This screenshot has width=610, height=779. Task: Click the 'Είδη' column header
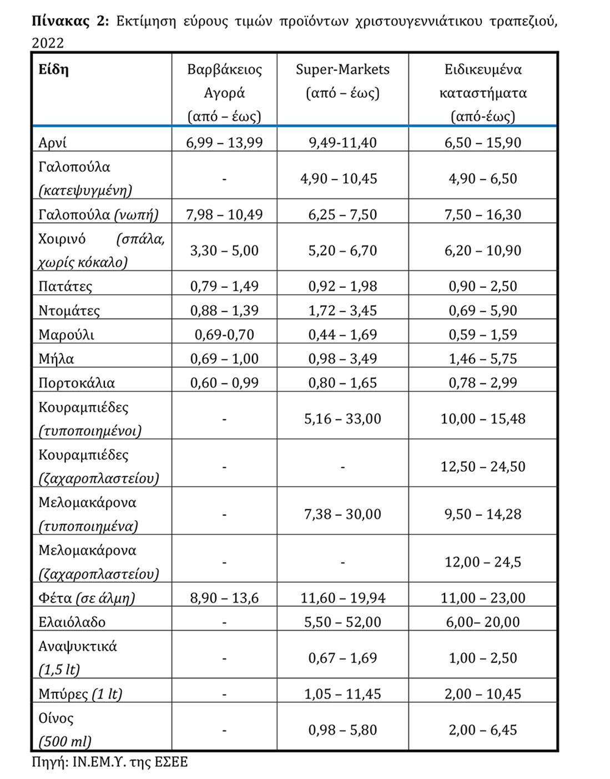coord(53,70)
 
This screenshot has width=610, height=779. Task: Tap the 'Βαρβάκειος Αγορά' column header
coord(224,81)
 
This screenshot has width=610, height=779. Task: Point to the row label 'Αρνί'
coord(53,143)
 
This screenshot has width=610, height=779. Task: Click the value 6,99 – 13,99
coord(224,143)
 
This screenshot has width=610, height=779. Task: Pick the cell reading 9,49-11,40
coord(342,143)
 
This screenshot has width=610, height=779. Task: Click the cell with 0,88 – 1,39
coord(224,310)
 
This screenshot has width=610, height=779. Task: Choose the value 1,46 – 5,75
coord(483,359)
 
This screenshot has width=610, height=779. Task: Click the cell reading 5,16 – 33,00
coord(342,419)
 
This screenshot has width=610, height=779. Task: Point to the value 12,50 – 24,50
coord(483,467)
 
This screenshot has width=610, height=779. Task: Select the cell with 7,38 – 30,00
coord(342,515)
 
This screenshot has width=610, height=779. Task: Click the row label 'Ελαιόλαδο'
coord(72,622)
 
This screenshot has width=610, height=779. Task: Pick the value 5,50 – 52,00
coord(342,622)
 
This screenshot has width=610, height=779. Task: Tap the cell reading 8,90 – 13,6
coord(224,598)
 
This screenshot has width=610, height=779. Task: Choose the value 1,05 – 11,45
coord(342,694)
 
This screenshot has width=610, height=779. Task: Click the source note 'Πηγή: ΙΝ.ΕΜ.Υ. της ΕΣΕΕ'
coord(110,762)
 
